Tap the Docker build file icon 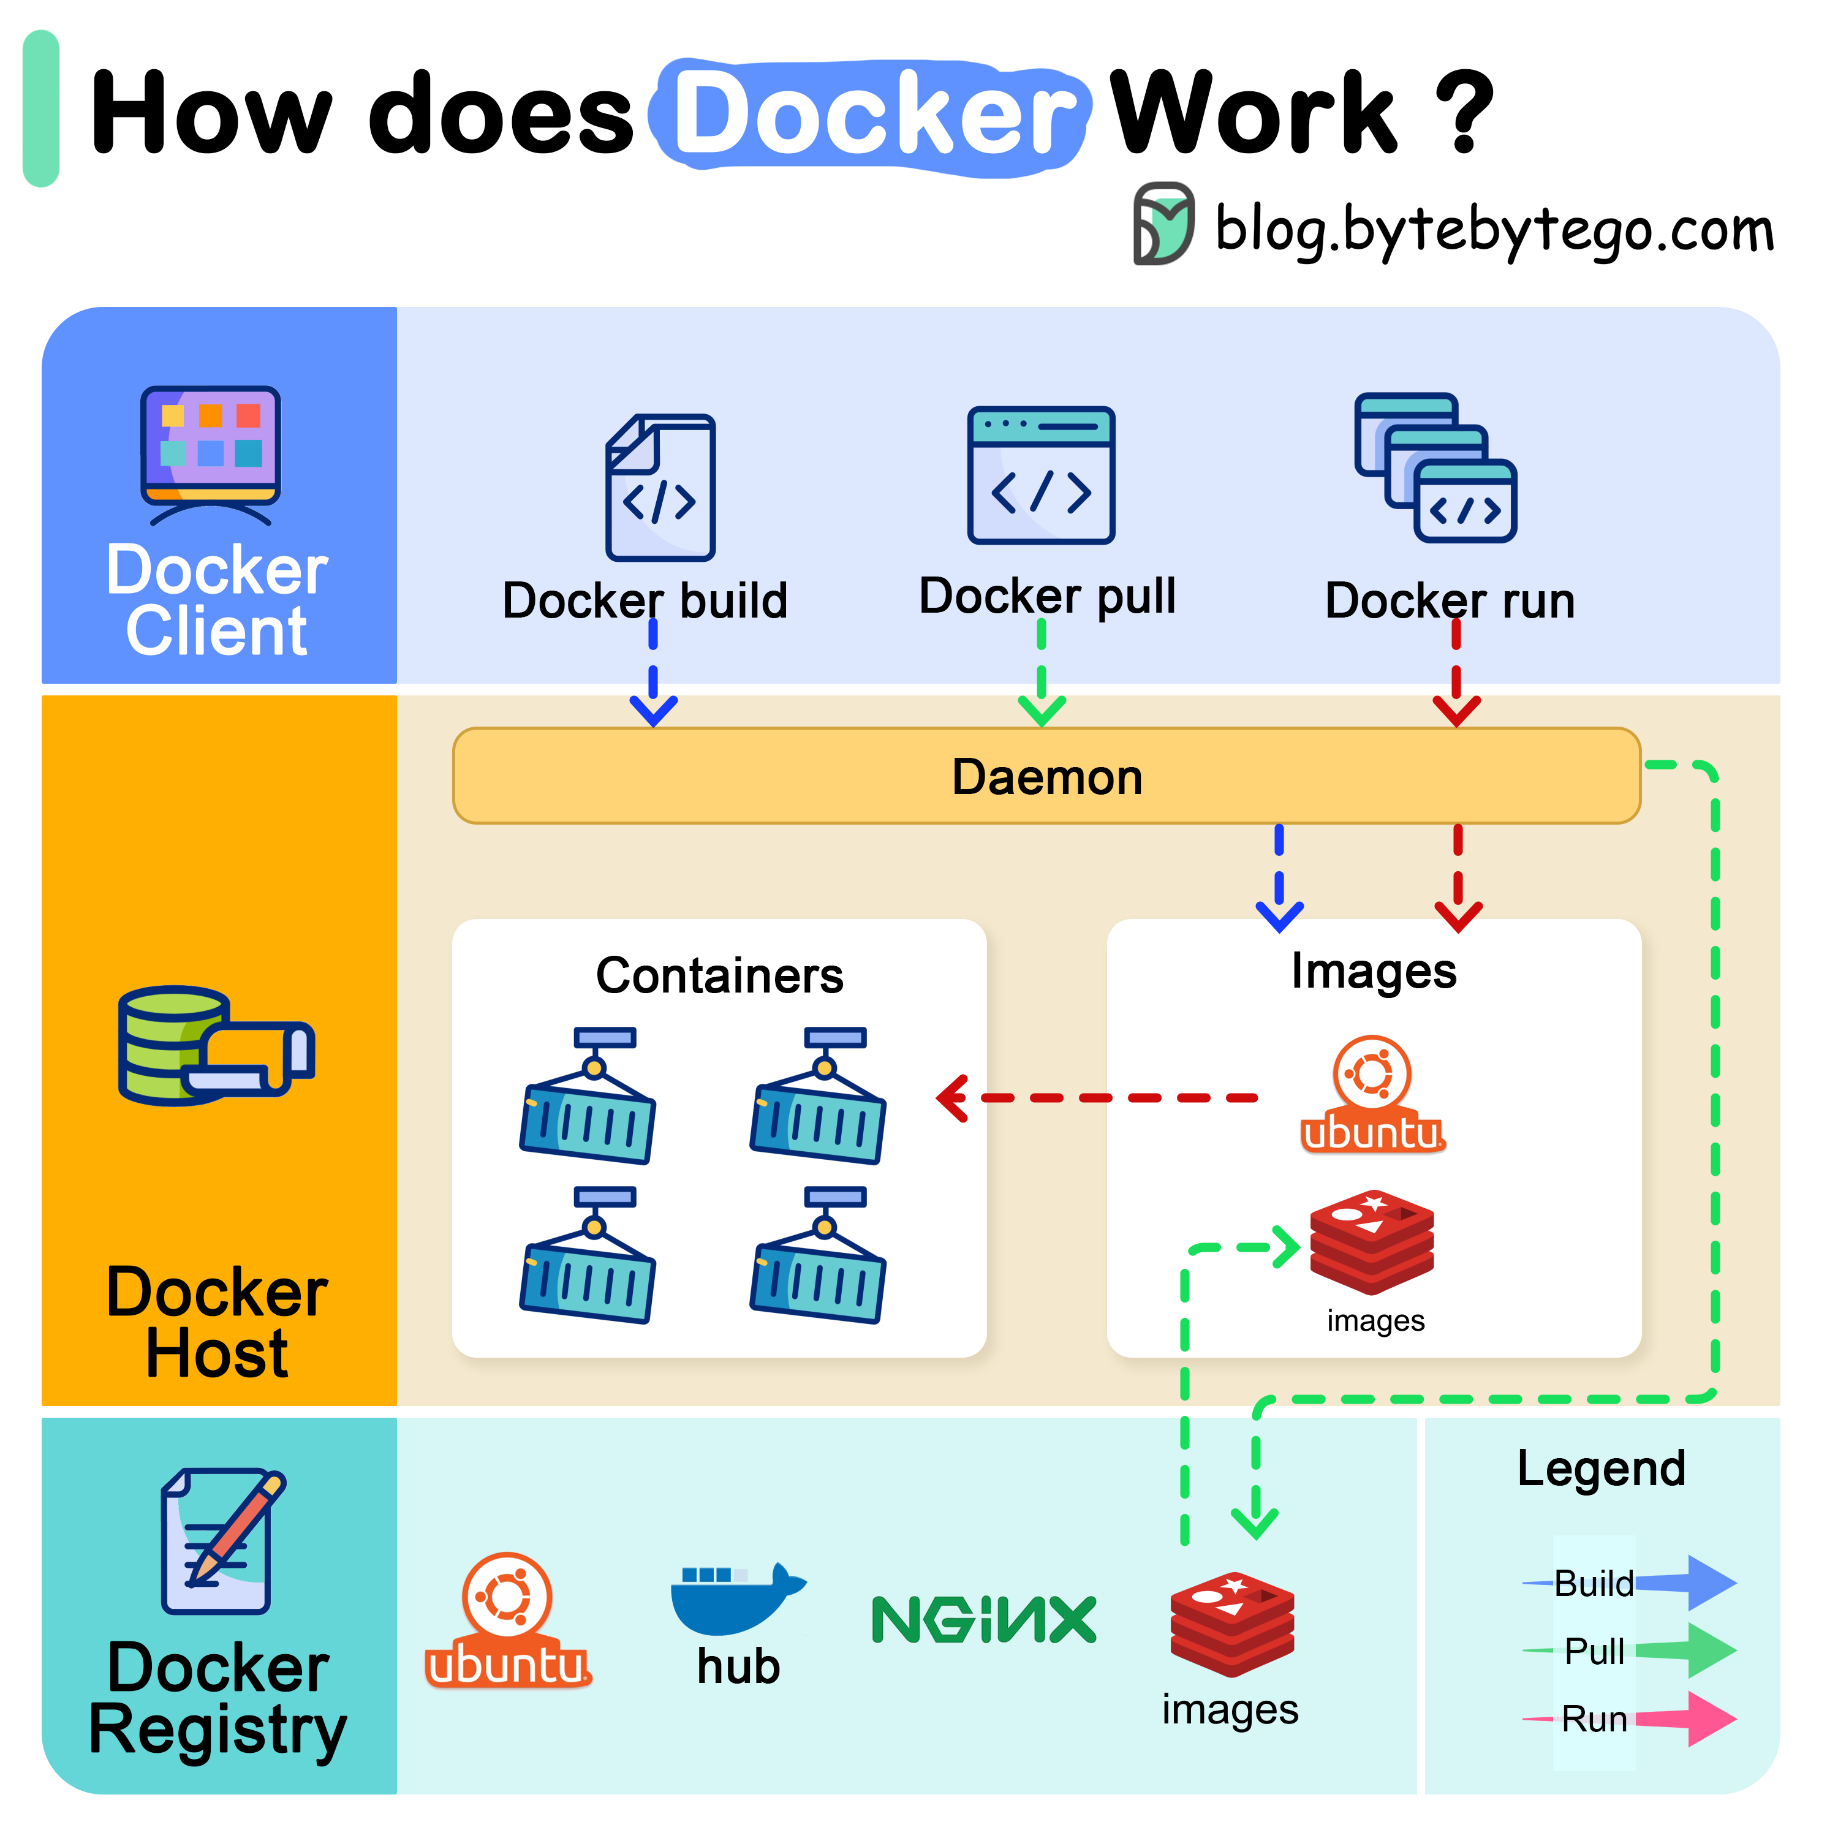coord(660,487)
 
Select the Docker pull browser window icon coord(1041,475)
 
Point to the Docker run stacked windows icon coord(1435,467)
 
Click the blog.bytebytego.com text coord(1494,230)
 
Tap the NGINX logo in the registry coord(984,1619)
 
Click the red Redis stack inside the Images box coord(1371,1241)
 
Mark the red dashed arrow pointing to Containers coord(1094,1098)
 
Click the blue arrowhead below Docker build coord(654,709)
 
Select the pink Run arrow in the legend coord(1684,1718)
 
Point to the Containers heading coord(719,975)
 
